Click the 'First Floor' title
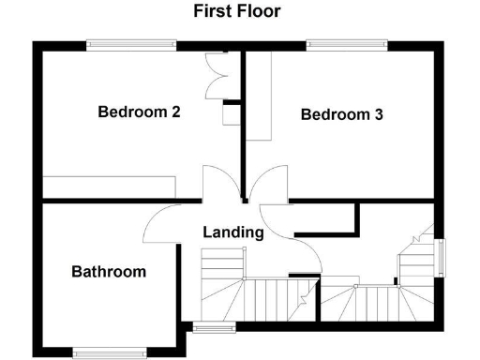tap(237, 11)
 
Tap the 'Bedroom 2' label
tap(139, 112)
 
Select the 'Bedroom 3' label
tap(341, 115)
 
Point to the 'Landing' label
tap(232, 232)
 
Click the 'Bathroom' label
tap(109, 272)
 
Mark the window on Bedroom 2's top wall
tap(131, 43)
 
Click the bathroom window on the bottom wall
tap(111, 352)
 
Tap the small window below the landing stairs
tap(215, 327)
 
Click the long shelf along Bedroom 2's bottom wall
tap(110, 186)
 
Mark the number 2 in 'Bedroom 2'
tap(175, 112)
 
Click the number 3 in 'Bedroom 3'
tap(378, 115)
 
